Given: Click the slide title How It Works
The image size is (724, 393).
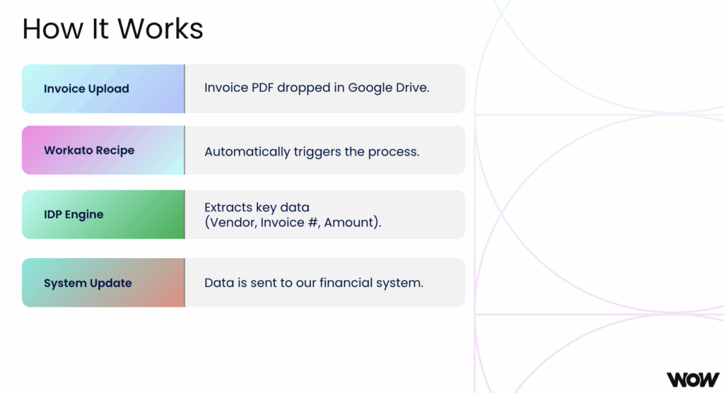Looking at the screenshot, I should [x=112, y=29].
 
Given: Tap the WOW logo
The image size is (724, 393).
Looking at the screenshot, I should [x=692, y=380].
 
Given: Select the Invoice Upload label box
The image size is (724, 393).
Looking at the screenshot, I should [x=103, y=89].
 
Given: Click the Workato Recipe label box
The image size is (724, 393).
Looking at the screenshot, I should [x=103, y=151].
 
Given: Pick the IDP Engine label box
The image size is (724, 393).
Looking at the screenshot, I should [x=103, y=214].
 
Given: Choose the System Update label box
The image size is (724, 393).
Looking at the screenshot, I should [x=103, y=283].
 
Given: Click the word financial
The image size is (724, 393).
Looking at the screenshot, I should [x=344, y=283].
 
